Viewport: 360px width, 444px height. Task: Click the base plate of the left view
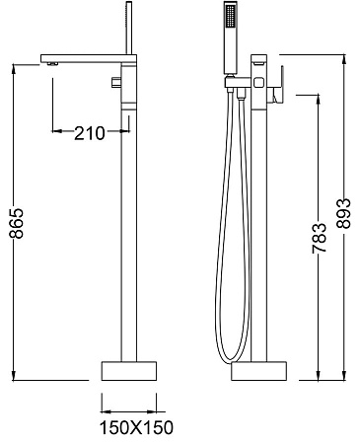pos(128,372)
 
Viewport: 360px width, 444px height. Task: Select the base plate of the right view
pos(259,372)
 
